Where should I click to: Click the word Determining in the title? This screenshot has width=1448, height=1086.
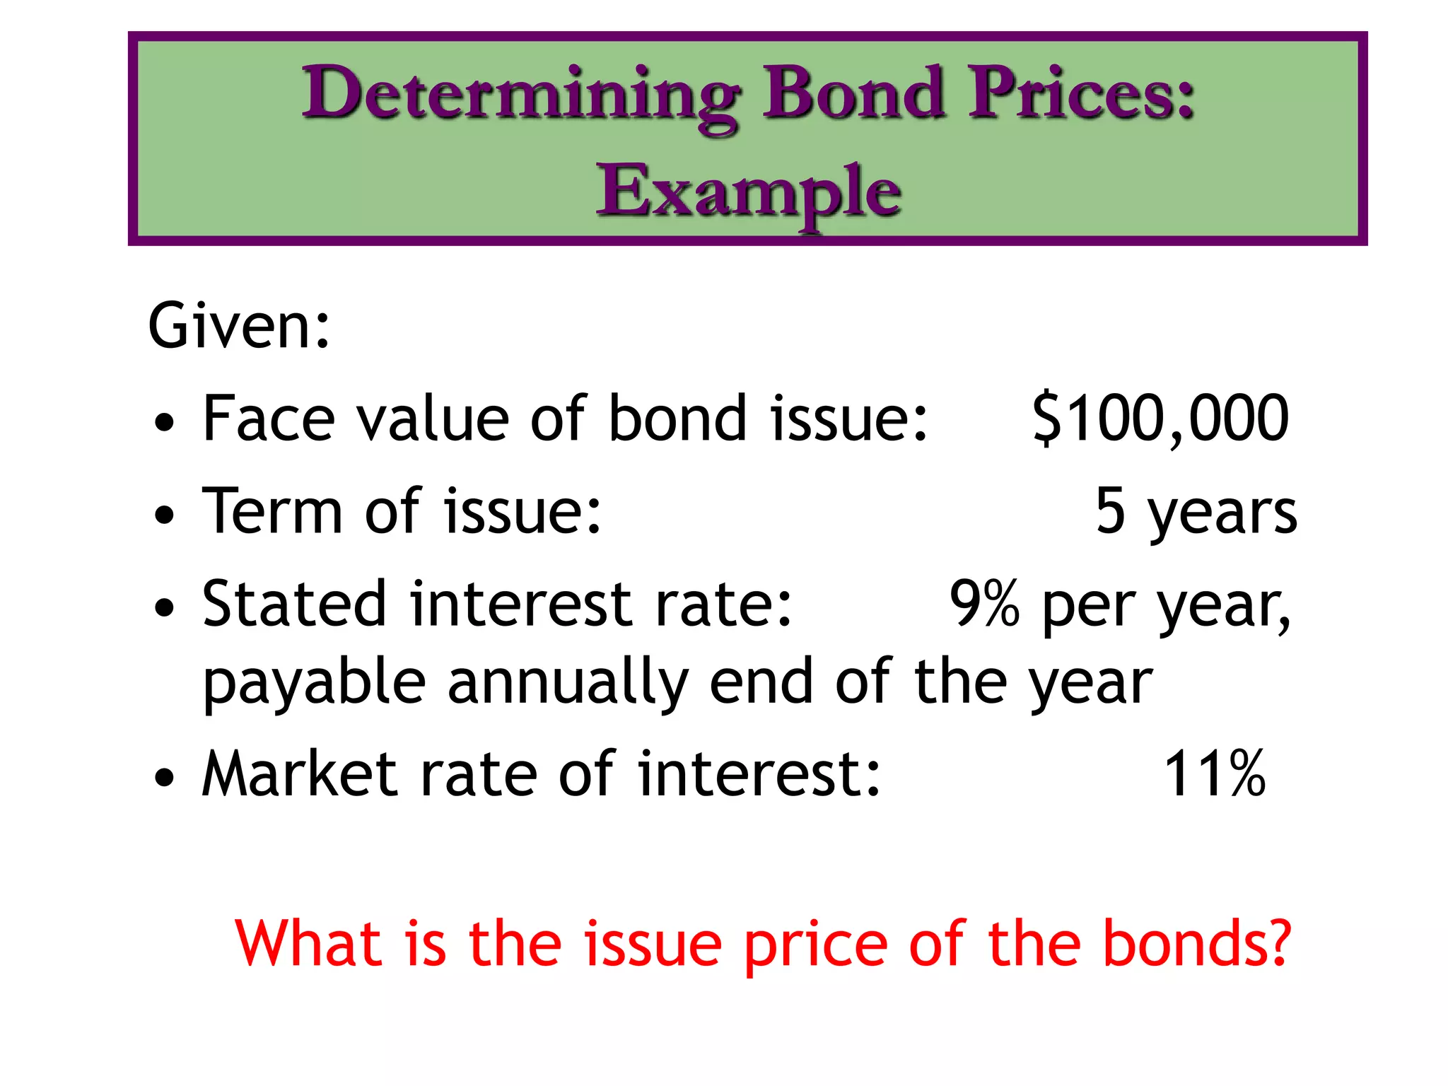(x=521, y=95)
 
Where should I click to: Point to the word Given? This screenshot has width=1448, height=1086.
(x=239, y=326)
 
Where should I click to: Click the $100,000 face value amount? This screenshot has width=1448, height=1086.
(x=1160, y=419)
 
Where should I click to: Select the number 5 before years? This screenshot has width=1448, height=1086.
(x=1110, y=510)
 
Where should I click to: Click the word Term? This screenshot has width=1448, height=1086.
(x=272, y=510)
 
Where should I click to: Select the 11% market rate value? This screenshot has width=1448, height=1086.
(x=1214, y=774)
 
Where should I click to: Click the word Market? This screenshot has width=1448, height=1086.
(x=300, y=774)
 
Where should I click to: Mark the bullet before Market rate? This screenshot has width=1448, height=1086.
(x=164, y=778)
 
